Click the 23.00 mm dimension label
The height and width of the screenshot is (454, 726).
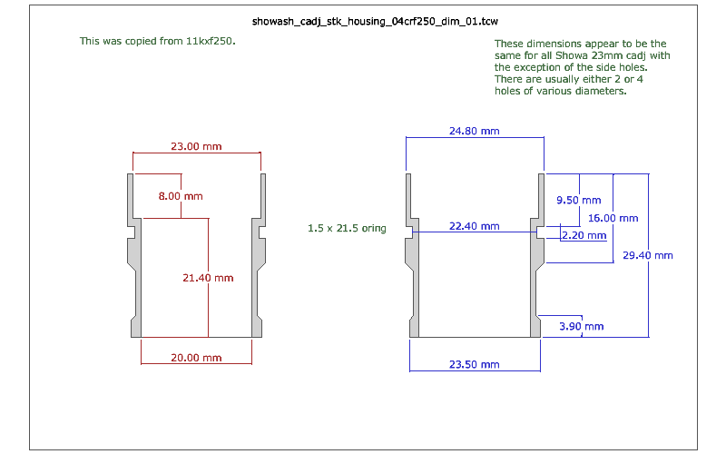(x=196, y=146)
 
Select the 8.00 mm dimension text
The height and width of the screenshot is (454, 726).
(x=181, y=196)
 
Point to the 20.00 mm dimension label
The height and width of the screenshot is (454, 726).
(x=196, y=358)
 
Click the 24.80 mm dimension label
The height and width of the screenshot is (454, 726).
(x=475, y=132)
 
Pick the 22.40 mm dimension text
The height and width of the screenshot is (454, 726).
(x=475, y=226)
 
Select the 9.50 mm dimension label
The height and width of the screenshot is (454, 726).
(x=578, y=200)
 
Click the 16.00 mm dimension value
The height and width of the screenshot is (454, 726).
(x=613, y=218)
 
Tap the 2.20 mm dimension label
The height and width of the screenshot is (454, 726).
(x=584, y=235)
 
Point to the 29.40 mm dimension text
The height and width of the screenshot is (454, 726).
(x=648, y=255)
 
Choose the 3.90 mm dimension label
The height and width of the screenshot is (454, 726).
(x=581, y=326)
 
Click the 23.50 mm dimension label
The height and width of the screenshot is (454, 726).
(x=475, y=364)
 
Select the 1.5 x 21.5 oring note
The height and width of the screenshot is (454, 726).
(x=348, y=229)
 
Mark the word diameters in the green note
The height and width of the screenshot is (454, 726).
(x=596, y=91)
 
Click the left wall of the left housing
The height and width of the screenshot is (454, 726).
(x=132, y=254)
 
